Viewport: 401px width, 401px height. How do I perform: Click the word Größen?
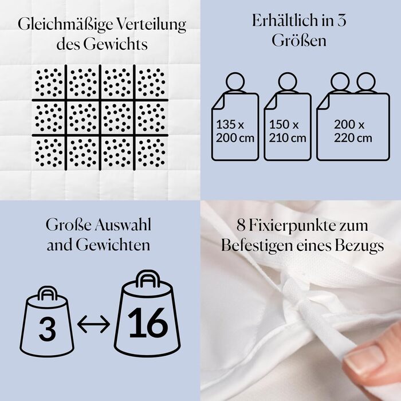coord(299,41)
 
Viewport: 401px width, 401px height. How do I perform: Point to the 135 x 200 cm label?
coord(235,131)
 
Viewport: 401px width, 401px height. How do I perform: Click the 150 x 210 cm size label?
coord(288,131)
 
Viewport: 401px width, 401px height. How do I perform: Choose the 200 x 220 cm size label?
coord(353,131)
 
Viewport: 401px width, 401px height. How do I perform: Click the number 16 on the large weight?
coord(148,323)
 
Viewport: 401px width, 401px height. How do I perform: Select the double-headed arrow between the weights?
coord(93,324)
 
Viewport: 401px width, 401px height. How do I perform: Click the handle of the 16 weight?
coord(148,279)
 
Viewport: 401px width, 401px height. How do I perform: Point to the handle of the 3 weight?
coord(48,293)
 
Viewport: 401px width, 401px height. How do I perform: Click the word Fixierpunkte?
coord(308,226)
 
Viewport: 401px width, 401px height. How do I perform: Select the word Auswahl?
coord(123,225)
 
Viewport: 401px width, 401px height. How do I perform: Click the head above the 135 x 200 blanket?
coord(235,82)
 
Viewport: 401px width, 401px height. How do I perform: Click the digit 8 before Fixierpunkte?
coord(241,226)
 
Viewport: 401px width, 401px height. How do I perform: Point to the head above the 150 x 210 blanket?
coord(288,82)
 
